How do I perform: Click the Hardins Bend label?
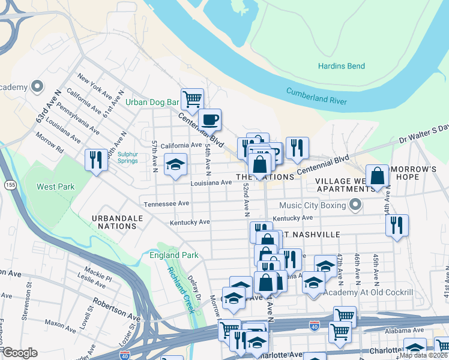point(342,66)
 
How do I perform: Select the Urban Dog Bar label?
point(152,103)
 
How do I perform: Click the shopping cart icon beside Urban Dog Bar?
point(192,99)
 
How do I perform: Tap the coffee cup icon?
point(209,119)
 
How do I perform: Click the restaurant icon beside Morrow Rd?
point(96,160)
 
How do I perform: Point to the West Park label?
point(55,187)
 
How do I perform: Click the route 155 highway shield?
point(9,184)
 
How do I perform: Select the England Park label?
point(173,256)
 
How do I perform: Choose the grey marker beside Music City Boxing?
point(355,206)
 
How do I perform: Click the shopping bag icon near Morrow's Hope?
point(378,176)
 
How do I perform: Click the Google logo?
point(20,352)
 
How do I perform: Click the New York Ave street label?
point(95,88)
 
